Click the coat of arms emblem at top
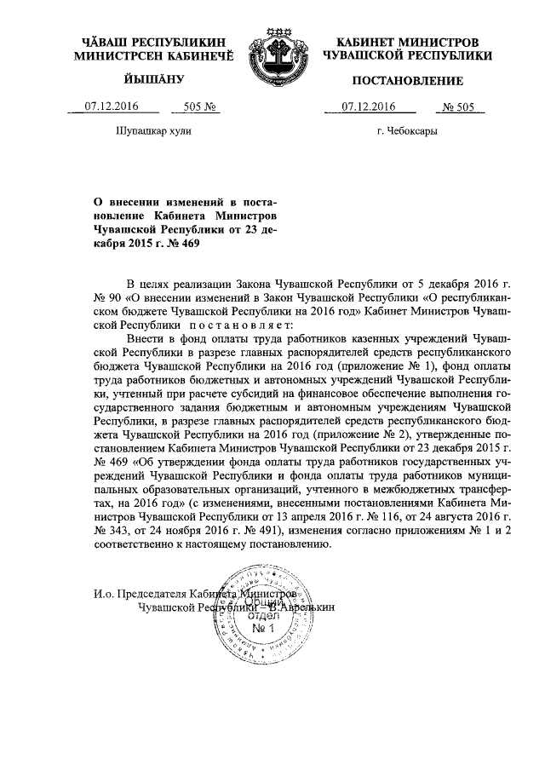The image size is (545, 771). tap(271, 59)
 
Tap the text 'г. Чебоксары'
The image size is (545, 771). tap(408, 132)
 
